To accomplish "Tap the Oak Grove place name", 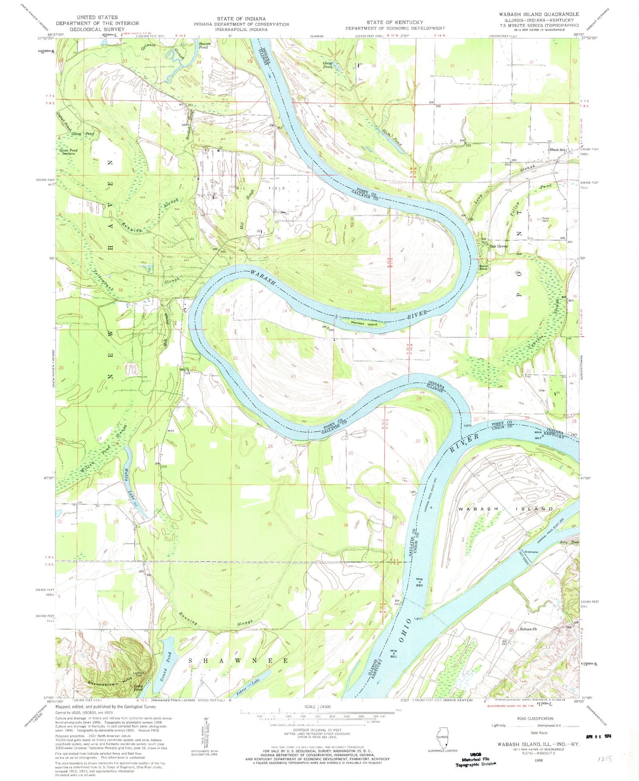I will [x=498, y=246].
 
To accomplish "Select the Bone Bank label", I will [x=483, y=267].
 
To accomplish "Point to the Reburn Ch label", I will [x=528, y=629].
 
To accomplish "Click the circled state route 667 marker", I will [x=510, y=631].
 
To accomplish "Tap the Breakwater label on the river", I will [x=532, y=552].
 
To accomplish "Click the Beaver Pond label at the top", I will [x=203, y=45].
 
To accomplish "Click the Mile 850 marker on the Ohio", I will [x=420, y=582].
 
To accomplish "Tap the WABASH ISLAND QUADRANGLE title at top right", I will [x=539, y=14].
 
